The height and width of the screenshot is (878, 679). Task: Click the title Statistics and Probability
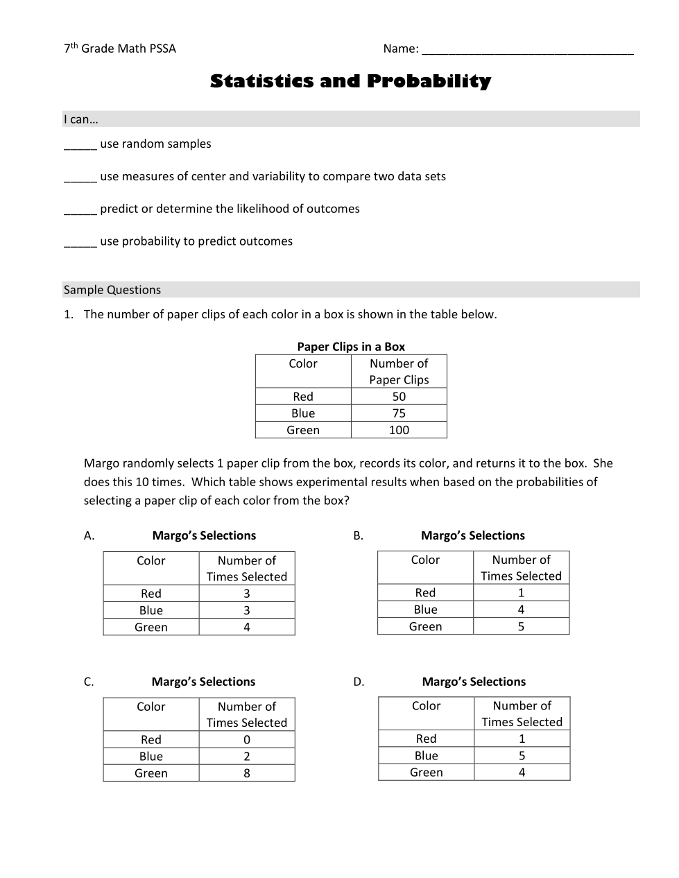(x=350, y=81)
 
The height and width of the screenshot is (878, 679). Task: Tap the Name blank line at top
(x=527, y=51)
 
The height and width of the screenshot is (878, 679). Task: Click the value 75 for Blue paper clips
(x=399, y=413)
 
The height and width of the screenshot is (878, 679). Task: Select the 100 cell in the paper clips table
(x=399, y=430)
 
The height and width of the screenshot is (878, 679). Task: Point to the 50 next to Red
(x=399, y=397)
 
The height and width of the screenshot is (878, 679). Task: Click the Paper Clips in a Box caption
(x=351, y=347)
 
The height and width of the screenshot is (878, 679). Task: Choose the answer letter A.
(x=89, y=535)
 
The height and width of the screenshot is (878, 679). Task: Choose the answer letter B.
(x=358, y=535)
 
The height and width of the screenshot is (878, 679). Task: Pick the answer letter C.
(x=89, y=682)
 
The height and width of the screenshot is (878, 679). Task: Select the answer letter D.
(x=359, y=682)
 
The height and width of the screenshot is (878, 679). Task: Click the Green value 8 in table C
(x=247, y=773)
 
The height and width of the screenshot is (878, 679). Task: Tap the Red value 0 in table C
(x=247, y=740)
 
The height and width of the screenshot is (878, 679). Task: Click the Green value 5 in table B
(x=522, y=626)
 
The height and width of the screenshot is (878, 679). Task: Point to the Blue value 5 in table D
(x=522, y=756)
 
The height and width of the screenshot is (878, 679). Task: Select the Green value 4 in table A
(x=247, y=627)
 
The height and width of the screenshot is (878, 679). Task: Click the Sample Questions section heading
(x=112, y=290)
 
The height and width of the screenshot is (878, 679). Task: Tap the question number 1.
(x=68, y=314)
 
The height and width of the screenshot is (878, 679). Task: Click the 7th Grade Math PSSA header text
(x=120, y=49)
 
